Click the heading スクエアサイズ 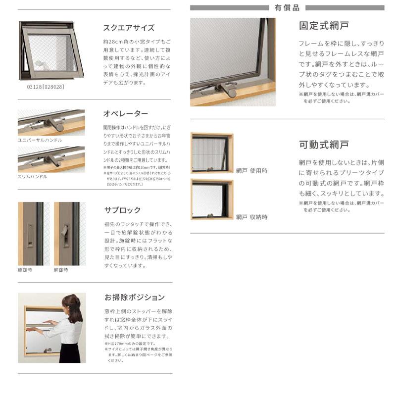click(x=129, y=28)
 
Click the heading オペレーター click(x=126, y=113)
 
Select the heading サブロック click(x=122, y=210)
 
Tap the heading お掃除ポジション click(x=134, y=297)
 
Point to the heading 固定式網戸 click(x=324, y=25)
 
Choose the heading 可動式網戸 click(x=324, y=145)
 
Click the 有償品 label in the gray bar click(x=287, y=7)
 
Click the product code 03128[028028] click(x=42, y=86)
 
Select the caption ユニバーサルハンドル click(x=40, y=140)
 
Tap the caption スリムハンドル click(x=33, y=176)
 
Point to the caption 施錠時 click(x=24, y=270)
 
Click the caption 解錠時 click(x=61, y=270)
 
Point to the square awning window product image click(x=50, y=50)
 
